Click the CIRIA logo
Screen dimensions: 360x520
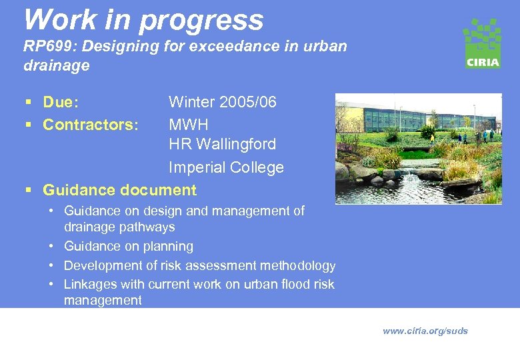482,43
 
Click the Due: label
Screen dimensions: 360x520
61,102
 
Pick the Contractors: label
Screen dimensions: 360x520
91,125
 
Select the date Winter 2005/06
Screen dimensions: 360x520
222,102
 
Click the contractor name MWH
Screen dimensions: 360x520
189,125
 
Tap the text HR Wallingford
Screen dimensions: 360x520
222,144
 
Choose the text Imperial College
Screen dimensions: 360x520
226,167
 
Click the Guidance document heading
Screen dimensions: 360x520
119,190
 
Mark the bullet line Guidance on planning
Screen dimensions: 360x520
128,246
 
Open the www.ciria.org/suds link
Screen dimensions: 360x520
425,331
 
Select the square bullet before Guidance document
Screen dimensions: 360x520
27,191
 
